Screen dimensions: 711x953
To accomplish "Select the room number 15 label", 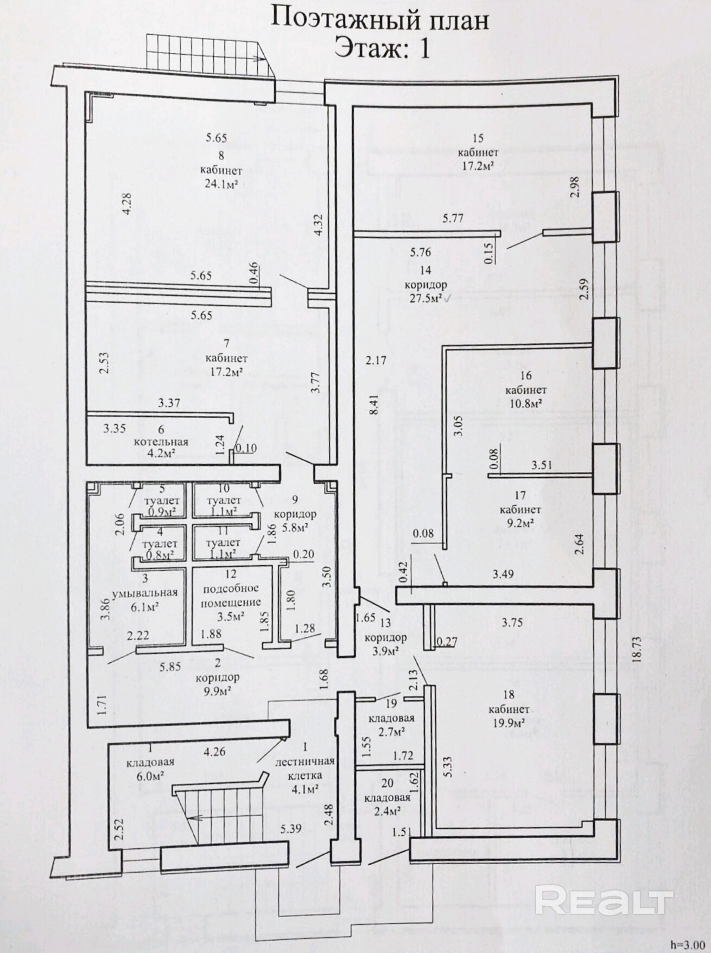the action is [x=478, y=139].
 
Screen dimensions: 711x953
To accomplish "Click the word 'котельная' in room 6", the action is [x=161, y=442].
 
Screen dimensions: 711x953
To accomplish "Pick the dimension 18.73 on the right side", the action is [x=637, y=649].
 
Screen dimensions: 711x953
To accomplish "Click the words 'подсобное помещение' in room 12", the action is [x=231, y=595].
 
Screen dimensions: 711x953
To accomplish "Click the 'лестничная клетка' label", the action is [x=305, y=769].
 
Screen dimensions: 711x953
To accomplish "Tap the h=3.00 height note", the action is [x=688, y=944].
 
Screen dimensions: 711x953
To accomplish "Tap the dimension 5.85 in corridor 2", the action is [x=170, y=667].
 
